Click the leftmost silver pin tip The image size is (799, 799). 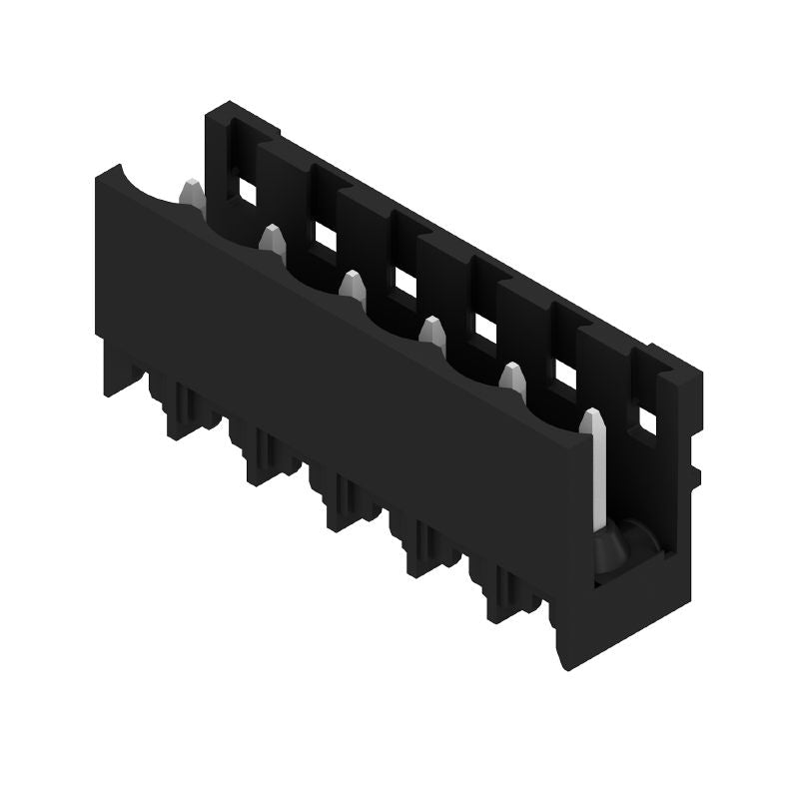(191, 191)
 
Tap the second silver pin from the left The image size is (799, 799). (270, 239)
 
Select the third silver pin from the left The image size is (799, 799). (351, 285)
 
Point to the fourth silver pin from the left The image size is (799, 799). (431, 332)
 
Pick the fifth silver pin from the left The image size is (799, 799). (512, 379)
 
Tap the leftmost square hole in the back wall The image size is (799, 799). (244, 187)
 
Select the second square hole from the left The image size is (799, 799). (324, 235)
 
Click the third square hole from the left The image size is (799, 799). (404, 282)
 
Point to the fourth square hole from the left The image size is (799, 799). (484, 328)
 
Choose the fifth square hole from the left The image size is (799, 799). (565, 375)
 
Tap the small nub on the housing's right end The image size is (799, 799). (691, 475)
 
